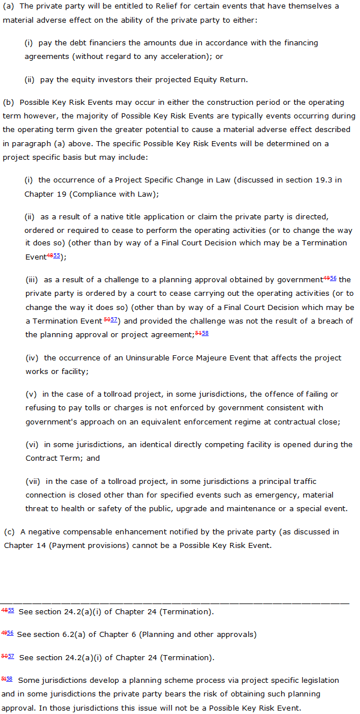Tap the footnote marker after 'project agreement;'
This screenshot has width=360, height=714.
[202, 334]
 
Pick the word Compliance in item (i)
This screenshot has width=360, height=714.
[71, 194]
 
